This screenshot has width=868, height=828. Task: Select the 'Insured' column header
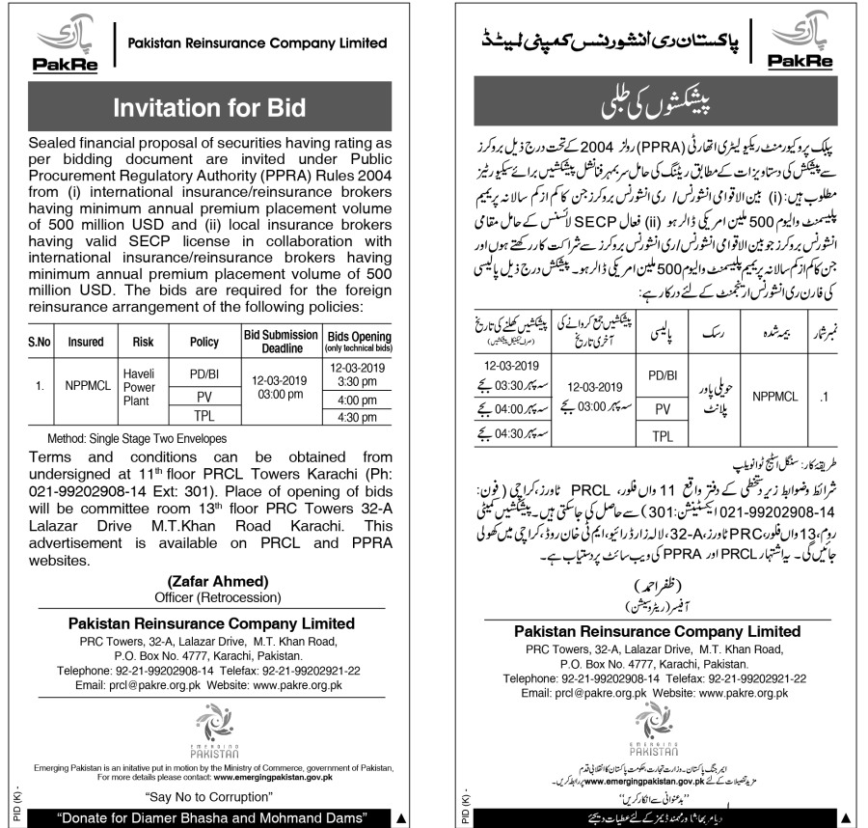tap(86, 341)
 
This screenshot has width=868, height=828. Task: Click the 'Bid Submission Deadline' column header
tap(280, 341)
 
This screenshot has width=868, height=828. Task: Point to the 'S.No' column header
tap(40, 341)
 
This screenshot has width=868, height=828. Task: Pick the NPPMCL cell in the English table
tap(86, 385)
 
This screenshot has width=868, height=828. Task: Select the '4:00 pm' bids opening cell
tap(356, 400)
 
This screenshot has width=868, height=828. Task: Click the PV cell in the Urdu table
tap(662, 409)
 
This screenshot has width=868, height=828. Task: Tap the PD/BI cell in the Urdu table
tap(662, 374)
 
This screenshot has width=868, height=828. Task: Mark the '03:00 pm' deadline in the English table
tap(280, 394)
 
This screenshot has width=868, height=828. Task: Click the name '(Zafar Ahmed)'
tap(211, 581)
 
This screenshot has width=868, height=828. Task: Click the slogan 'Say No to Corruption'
tap(210, 797)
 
